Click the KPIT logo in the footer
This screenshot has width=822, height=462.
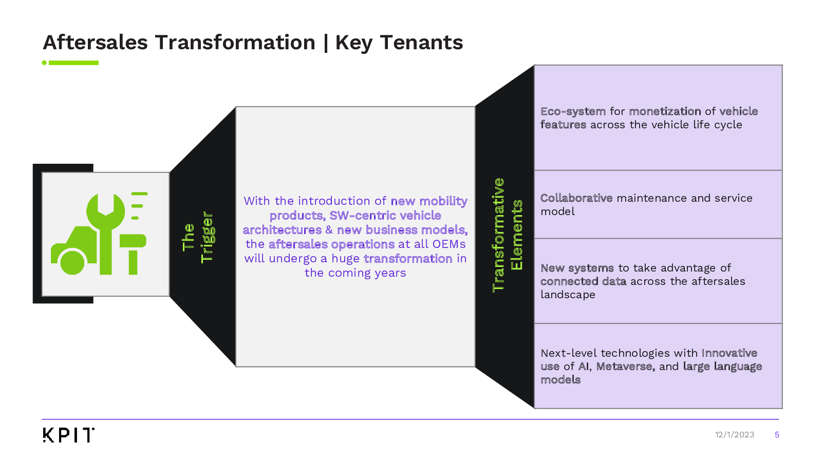pyautogui.click(x=68, y=435)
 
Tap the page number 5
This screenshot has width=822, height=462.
pyautogui.click(x=777, y=435)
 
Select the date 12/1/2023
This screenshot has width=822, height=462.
pyautogui.click(x=734, y=435)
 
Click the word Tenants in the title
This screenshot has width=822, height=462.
pyautogui.click(x=421, y=43)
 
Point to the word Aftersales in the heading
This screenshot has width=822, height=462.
pyautogui.click(x=96, y=43)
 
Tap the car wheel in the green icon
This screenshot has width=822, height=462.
pyautogui.click(x=72, y=261)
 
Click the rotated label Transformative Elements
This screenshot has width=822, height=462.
pyautogui.click(x=507, y=235)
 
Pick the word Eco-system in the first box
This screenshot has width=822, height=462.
pyautogui.click(x=573, y=111)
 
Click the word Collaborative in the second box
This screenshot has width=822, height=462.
pyautogui.click(x=576, y=198)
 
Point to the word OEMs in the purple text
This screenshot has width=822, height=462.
pyautogui.click(x=449, y=244)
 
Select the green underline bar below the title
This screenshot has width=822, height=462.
pyautogui.click(x=73, y=63)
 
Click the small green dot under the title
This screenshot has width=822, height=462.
pyautogui.click(x=44, y=63)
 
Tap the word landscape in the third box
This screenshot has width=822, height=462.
pyautogui.click(x=568, y=295)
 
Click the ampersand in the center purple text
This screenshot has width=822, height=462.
pyautogui.click(x=329, y=230)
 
